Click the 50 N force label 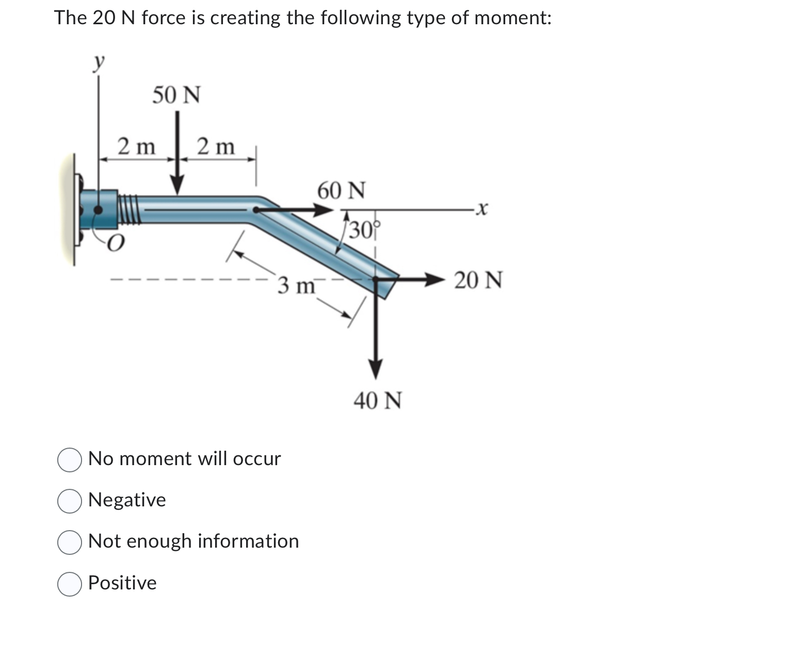(x=176, y=95)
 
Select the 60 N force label (x=341, y=190)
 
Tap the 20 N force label (x=478, y=281)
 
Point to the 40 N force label (x=377, y=400)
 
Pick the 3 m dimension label (x=296, y=285)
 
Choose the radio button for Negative (x=69, y=501)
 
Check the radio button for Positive (x=69, y=584)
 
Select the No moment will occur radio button (x=69, y=460)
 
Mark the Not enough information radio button (x=69, y=542)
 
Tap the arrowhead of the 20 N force (x=434, y=280)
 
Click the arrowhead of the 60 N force (x=324, y=210)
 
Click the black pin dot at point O (x=97, y=210)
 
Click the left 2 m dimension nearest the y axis (x=136, y=147)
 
